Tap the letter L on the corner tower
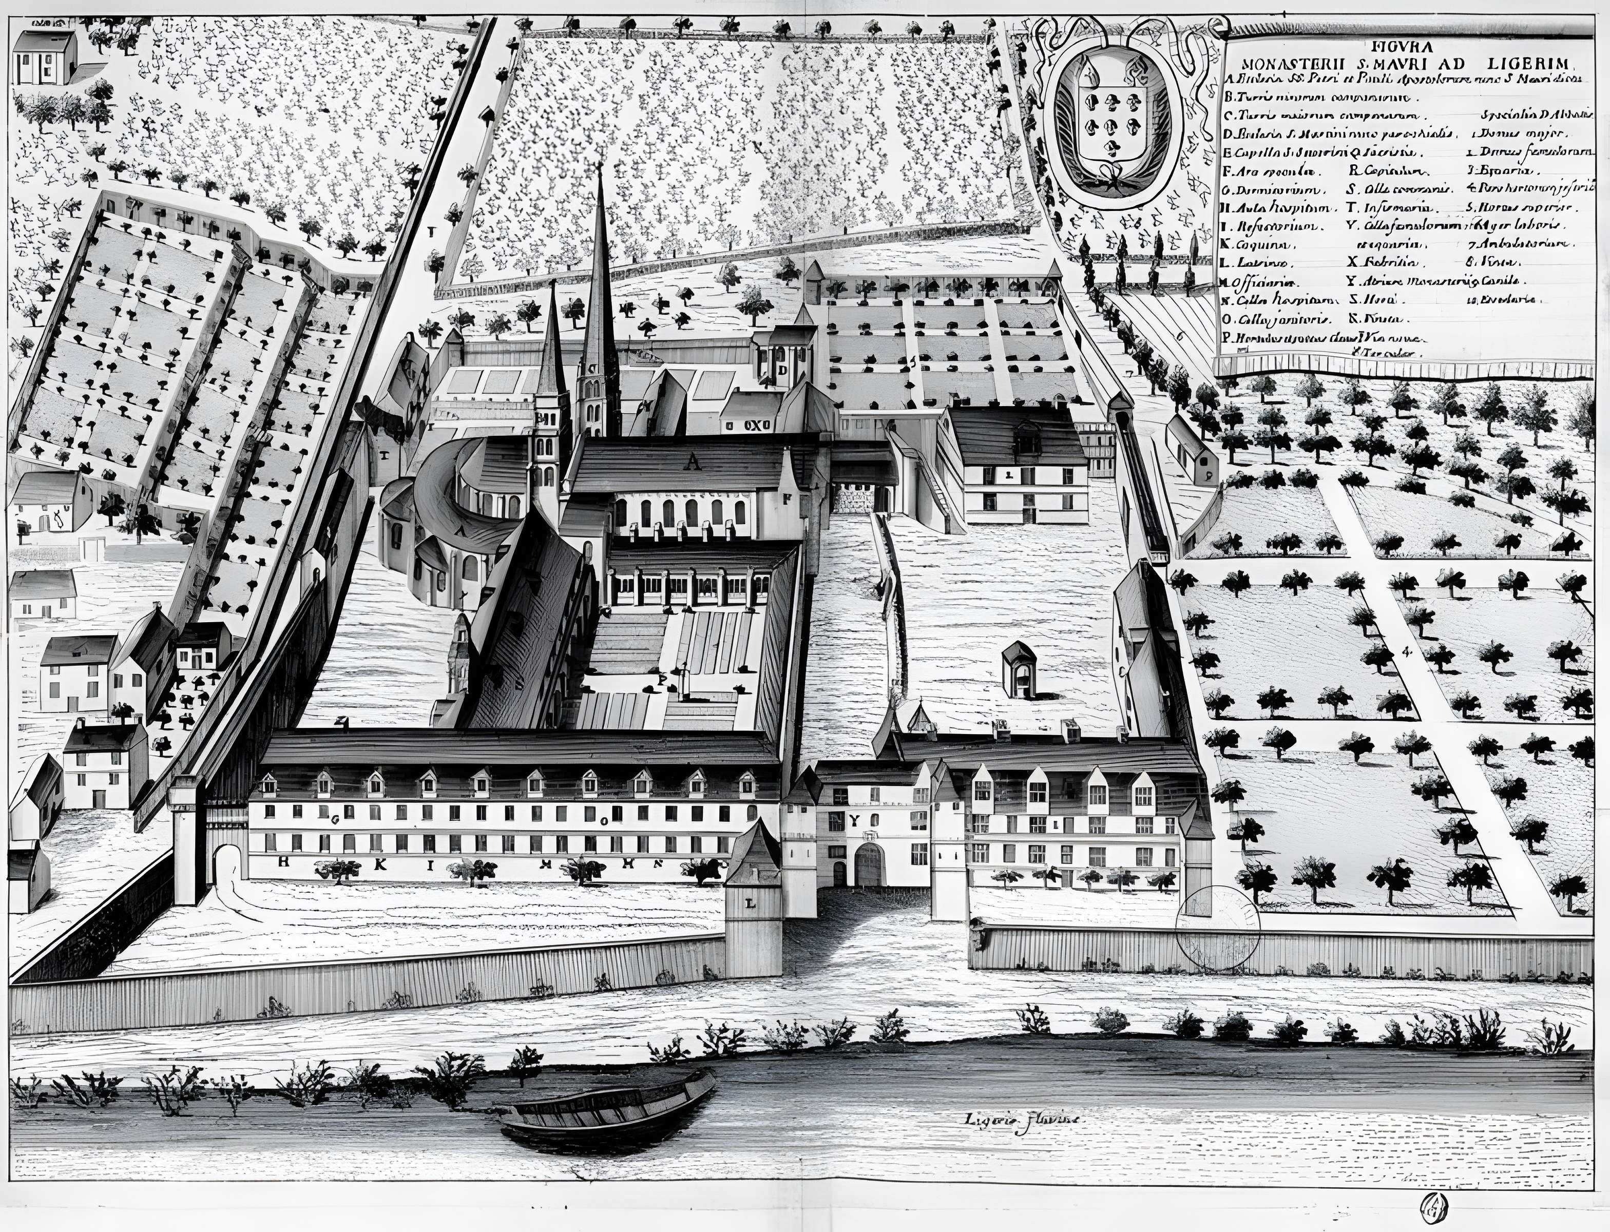[750, 904]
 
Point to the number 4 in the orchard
[1405, 651]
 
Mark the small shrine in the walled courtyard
[1019, 669]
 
